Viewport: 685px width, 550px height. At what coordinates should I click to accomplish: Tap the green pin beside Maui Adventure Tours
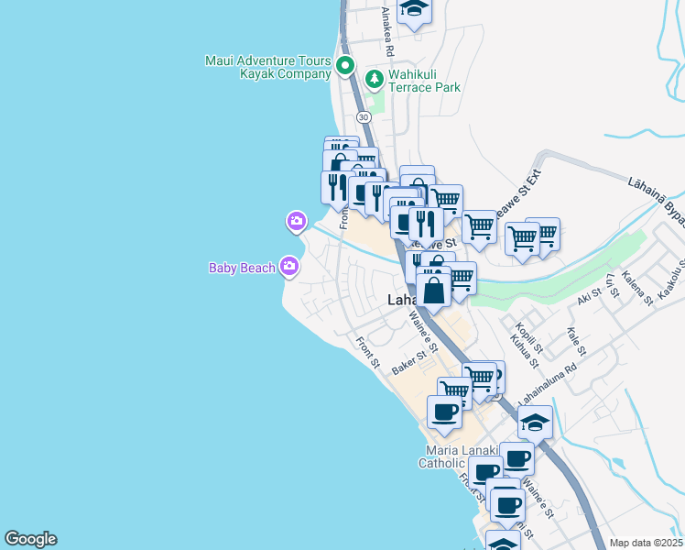pyautogui.click(x=345, y=65)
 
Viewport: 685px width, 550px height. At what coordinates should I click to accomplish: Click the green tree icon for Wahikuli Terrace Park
pyautogui.click(x=374, y=80)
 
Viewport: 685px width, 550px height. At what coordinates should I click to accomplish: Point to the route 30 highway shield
pyautogui.click(x=364, y=117)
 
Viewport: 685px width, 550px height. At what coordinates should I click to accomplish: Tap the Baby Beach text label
pyautogui.click(x=242, y=268)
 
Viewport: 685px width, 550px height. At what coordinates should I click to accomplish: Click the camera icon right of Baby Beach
pyautogui.click(x=289, y=267)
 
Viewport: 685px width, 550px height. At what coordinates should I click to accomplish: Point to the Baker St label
pyautogui.click(x=410, y=359)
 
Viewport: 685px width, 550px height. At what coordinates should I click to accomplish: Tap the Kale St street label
pyautogui.click(x=576, y=344)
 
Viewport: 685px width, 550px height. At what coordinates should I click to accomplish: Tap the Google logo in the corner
pyautogui.click(x=30, y=539)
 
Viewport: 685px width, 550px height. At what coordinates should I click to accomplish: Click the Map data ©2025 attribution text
pyautogui.click(x=647, y=543)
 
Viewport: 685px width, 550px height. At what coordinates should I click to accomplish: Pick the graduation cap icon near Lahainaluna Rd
pyautogui.click(x=536, y=422)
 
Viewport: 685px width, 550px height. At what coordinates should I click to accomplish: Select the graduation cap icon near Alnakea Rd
pyautogui.click(x=415, y=10)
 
